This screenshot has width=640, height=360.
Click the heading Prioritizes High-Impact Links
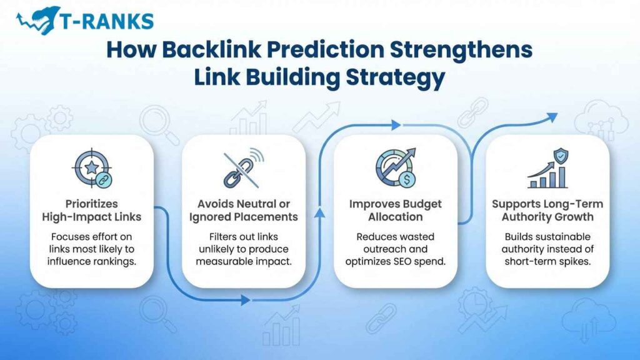pyautogui.click(x=91, y=211)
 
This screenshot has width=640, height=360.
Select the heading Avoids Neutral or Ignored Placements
pyautogui.click(x=244, y=211)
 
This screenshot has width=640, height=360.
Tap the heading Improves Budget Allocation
pyautogui.click(x=395, y=211)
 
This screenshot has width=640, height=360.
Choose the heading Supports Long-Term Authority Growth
pyautogui.click(x=547, y=211)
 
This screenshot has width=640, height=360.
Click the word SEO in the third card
pyautogui.click(x=420, y=261)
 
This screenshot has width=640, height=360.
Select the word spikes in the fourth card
pyautogui.click(x=572, y=261)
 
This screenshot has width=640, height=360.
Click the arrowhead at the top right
pyautogui.click(x=551, y=116)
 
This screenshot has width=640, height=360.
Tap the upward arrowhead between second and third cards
pyautogui.click(x=320, y=214)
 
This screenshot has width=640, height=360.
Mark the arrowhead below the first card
pyautogui.click(x=246, y=300)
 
